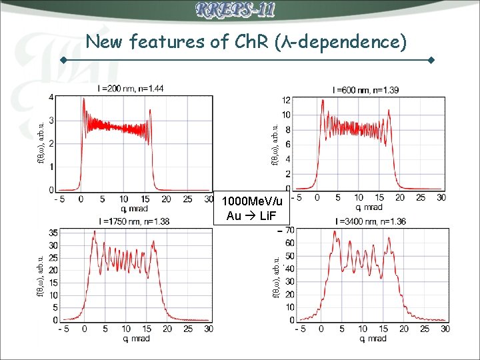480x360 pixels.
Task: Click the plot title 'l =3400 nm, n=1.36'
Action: coord(367,222)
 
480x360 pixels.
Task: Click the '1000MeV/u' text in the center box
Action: coord(252,202)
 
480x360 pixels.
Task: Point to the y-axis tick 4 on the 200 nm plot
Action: coord(51,98)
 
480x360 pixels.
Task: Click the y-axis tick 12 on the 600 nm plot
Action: coord(285,100)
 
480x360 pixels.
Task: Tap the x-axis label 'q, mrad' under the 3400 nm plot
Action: coord(371,339)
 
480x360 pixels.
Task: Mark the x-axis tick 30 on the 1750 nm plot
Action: coord(208,329)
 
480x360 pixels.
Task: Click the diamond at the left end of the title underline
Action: coord(63,60)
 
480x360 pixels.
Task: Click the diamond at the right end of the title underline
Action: coord(431,60)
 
